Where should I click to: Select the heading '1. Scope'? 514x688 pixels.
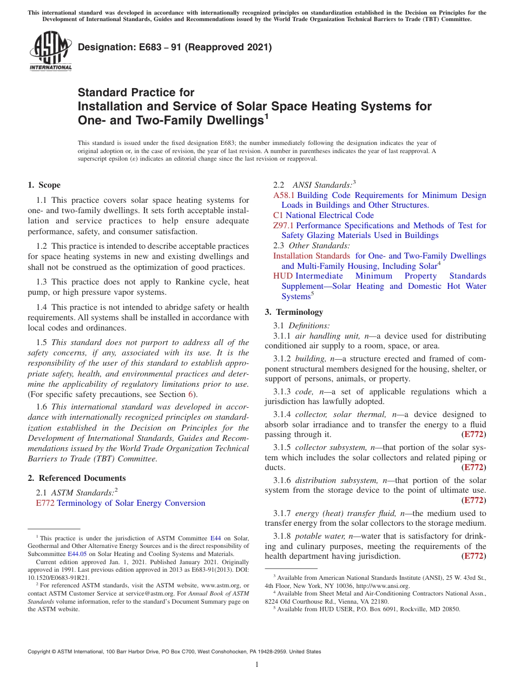tap(44, 185)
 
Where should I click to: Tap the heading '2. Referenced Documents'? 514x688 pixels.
tap(77, 478)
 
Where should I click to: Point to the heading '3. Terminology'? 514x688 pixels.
tap(294, 312)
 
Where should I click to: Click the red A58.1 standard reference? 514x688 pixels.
tap(284, 195)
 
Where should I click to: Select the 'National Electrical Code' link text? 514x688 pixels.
tap(330, 215)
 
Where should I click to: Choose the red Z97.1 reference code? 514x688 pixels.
tap(283, 226)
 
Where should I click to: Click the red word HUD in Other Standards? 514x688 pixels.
tap(282, 276)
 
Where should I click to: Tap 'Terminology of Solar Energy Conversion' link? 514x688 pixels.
tap(131, 503)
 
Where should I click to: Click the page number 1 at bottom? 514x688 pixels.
tap(257, 664)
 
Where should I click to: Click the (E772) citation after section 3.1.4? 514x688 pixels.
tap(473, 434)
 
